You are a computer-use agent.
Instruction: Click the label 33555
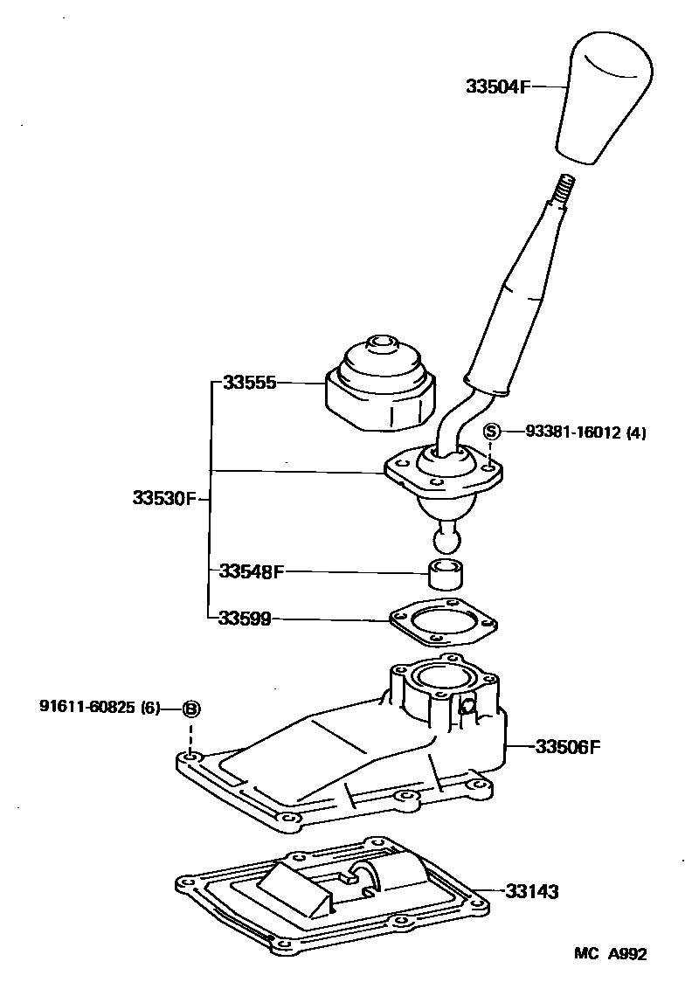(249, 383)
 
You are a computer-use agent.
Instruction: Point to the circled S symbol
(492, 431)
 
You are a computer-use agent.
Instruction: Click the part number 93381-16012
(572, 432)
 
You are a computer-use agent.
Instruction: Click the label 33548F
(252, 572)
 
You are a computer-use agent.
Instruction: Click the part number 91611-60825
(86, 708)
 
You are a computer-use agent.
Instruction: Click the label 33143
(531, 892)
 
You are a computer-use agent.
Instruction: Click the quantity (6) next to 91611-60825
(150, 708)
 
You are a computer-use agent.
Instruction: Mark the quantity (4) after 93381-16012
(636, 432)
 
